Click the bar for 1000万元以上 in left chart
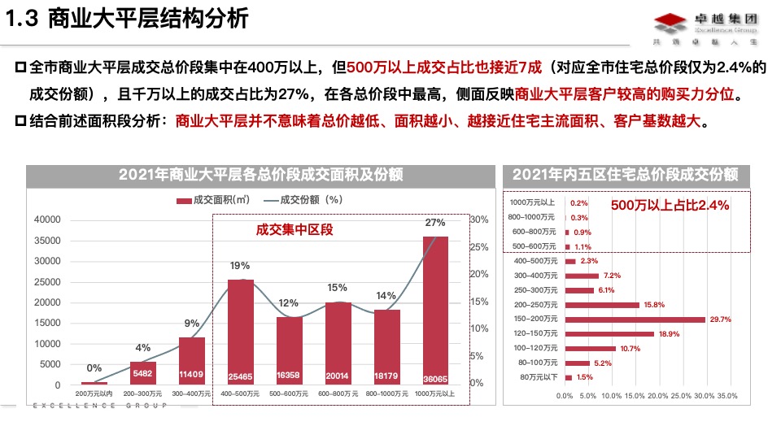click(435, 309)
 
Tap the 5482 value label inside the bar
click(142, 373)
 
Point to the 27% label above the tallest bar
click(435, 223)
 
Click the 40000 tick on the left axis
click(46, 220)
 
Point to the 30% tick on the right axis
click(479, 219)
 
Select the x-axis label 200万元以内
click(94, 393)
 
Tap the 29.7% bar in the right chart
click(635, 319)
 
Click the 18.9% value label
click(668, 334)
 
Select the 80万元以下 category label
click(538, 377)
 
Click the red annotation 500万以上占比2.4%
click(670, 206)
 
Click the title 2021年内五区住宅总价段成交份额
click(625, 175)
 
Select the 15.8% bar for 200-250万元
click(602, 305)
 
